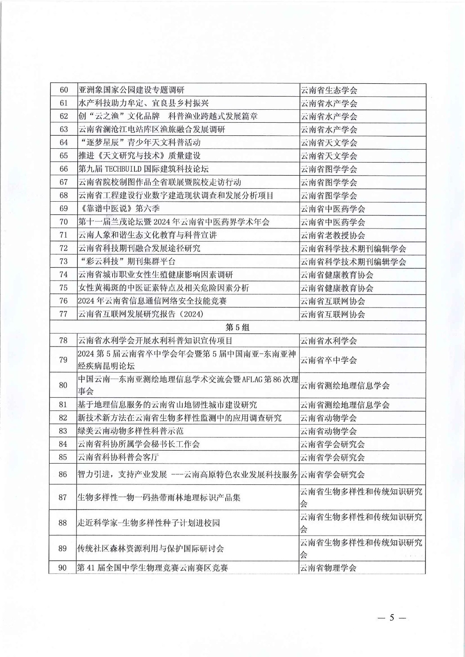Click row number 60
point(64,90)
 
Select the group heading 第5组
point(237,327)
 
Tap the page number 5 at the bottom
point(391,618)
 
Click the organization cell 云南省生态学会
point(329,90)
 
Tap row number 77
point(64,314)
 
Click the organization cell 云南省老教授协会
point(333,235)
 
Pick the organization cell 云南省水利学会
point(329,341)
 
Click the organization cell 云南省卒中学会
point(329,360)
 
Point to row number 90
point(63,568)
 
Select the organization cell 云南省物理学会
point(329,568)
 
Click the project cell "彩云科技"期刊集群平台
point(127,261)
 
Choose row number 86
point(63,474)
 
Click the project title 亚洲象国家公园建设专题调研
point(131,90)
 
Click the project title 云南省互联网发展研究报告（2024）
point(141,314)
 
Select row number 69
point(64,209)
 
